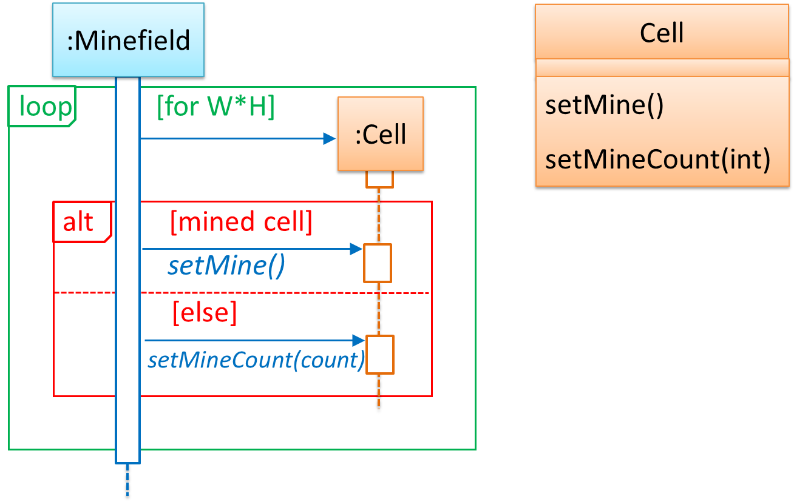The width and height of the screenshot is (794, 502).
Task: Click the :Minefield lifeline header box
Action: pyautogui.click(x=127, y=40)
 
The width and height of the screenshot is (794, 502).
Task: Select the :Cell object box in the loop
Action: pyautogui.click(x=380, y=135)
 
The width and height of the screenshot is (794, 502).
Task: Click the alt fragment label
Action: pyautogui.click(x=79, y=223)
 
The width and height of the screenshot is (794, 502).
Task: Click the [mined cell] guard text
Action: pyautogui.click(x=241, y=223)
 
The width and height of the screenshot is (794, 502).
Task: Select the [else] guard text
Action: pyautogui.click(x=205, y=313)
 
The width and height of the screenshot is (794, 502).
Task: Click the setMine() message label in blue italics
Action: pyautogui.click(x=226, y=266)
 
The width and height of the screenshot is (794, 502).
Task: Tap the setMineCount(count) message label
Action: pyautogui.click(x=256, y=360)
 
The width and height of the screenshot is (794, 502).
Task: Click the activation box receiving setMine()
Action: pyautogui.click(x=378, y=263)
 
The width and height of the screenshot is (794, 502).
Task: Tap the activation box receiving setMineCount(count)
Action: pyautogui.click(x=379, y=355)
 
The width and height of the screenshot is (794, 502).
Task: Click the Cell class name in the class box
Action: pyautogui.click(x=662, y=32)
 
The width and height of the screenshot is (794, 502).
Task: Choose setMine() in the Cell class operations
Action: pyautogui.click(x=605, y=105)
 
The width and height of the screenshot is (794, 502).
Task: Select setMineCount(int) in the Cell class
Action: pyautogui.click(x=657, y=159)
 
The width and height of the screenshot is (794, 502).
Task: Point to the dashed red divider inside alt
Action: pyautogui.click(x=243, y=293)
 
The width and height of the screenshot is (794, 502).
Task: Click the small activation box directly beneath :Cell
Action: pyautogui.click(x=380, y=179)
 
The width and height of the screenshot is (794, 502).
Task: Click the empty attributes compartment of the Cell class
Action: pyautogui.click(x=662, y=68)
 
